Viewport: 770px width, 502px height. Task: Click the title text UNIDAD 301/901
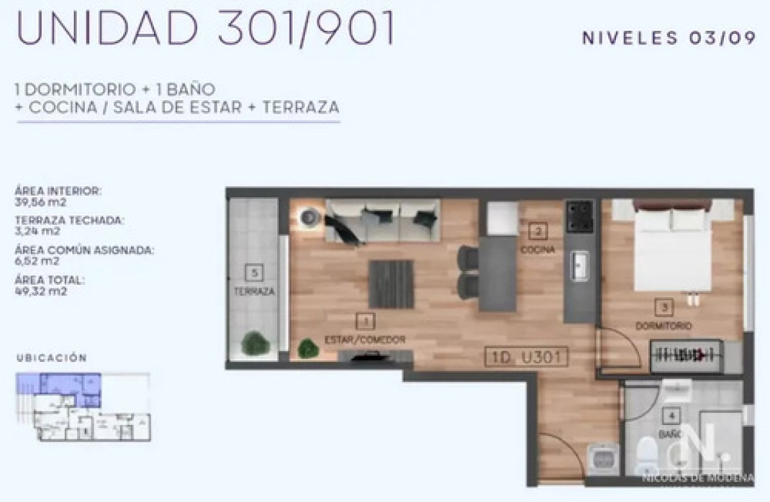tap(205, 29)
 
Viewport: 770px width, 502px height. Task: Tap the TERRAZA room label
tap(255, 291)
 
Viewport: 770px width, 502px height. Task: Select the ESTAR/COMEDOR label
tap(364, 339)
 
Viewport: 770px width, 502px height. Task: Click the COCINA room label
tap(538, 250)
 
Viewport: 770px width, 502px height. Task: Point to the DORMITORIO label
tap(663, 326)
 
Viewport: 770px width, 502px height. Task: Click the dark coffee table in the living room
tap(391, 284)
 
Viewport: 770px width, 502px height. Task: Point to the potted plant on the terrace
tap(255, 342)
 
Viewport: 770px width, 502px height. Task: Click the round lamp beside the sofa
tap(309, 217)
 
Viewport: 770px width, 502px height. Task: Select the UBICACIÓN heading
tap(51, 358)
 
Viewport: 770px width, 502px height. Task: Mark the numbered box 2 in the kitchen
tap(538, 232)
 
